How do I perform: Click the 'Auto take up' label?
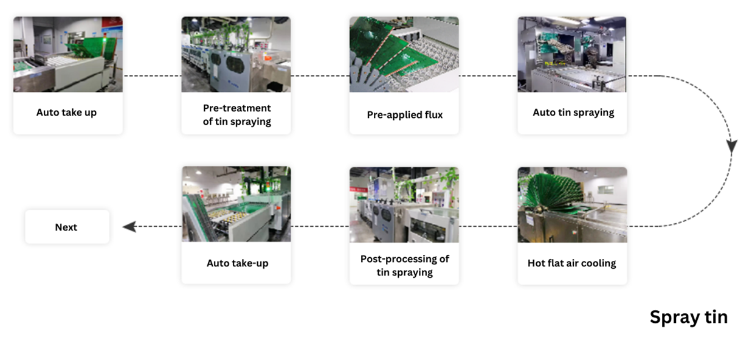tap(66, 112)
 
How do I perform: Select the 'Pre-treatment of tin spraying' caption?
tap(236, 114)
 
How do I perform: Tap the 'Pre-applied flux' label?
tap(404, 115)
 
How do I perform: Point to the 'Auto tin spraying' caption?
tap(573, 112)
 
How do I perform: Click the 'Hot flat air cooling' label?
tap(571, 263)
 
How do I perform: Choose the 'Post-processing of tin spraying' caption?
tap(404, 265)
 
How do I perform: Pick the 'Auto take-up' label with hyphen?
tap(237, 263)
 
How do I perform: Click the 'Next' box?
tap(67, 227)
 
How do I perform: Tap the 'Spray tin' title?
tap(689, 317)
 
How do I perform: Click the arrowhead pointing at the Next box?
tap(129, 227)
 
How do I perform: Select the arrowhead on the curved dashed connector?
tap(731, 147)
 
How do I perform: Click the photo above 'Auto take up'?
tap(68, 54)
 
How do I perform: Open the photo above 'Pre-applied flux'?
tap(404, 54)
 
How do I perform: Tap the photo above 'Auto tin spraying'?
tap(572, 54)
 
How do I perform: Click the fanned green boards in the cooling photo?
tap(554, 194)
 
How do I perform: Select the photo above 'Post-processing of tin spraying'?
tap(404, 205)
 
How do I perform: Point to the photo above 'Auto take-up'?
tap(236, 204)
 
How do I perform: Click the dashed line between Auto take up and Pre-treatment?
tap(153, 76)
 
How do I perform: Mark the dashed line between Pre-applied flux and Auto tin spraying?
tap(488, 76)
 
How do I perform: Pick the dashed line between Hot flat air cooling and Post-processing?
tap(488, 226)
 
